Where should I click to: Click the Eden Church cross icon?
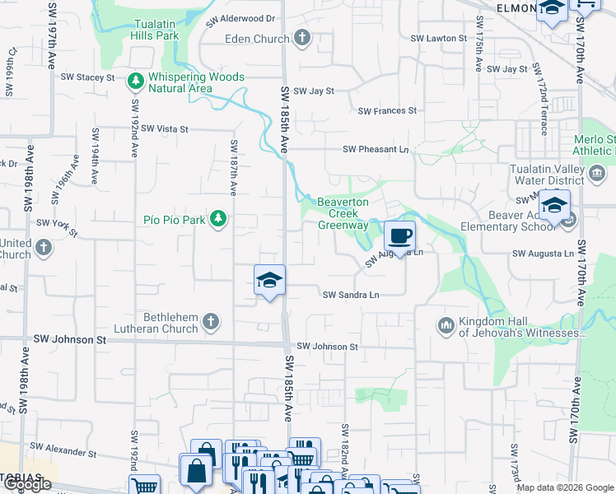[x=302, y=38]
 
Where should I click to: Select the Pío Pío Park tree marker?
[x=217, y=219]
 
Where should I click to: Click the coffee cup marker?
[x=400, y=236]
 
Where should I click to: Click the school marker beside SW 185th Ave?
[x=269, y=281]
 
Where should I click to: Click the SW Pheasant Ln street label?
[x=376, y=149]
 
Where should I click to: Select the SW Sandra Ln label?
[x=351, y=295]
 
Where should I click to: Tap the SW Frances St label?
[x=387, y=110]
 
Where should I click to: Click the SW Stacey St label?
[x=87, y=77]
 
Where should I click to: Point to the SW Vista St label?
[x=165, y=129]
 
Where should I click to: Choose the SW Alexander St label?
[x=63, y=450]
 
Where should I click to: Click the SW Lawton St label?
[x=439, y=39]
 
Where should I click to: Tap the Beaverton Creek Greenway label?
[x=343, y=213]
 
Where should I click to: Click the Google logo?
[x=27, y=484]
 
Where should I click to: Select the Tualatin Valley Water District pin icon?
[x=598, y=174]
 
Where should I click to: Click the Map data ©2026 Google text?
[x=565, y=487]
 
